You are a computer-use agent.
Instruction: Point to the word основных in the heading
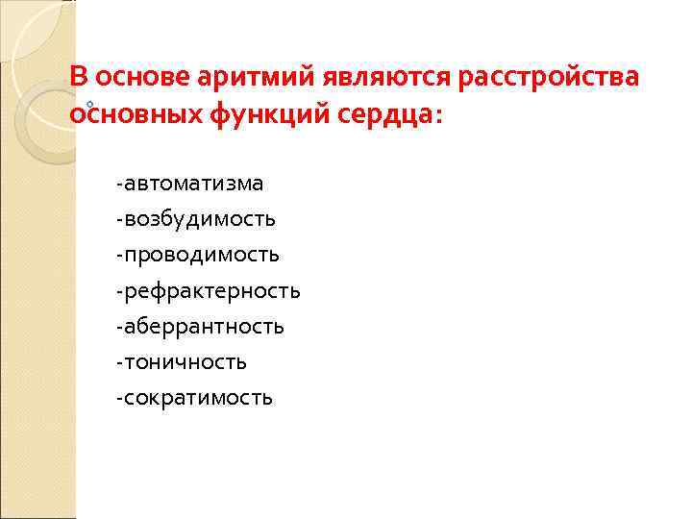pyautogui.click(x=133, y=113)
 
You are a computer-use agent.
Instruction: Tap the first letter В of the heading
pyautogui.click(x=80, y=78)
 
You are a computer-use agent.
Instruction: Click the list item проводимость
pyautogui.click(x=201, y=255)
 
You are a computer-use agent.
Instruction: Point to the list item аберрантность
pyautogui.click(x=203, y=326)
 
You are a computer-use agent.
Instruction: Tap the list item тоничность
pyautogui.click(x=185, y=361)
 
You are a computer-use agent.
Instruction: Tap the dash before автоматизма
pyautogui.click(x=117, y=184)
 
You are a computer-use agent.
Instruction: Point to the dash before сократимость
pyautogui.click(x=117, y=398)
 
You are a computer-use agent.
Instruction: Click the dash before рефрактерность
pyautogui.click(x=117, y=291)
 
